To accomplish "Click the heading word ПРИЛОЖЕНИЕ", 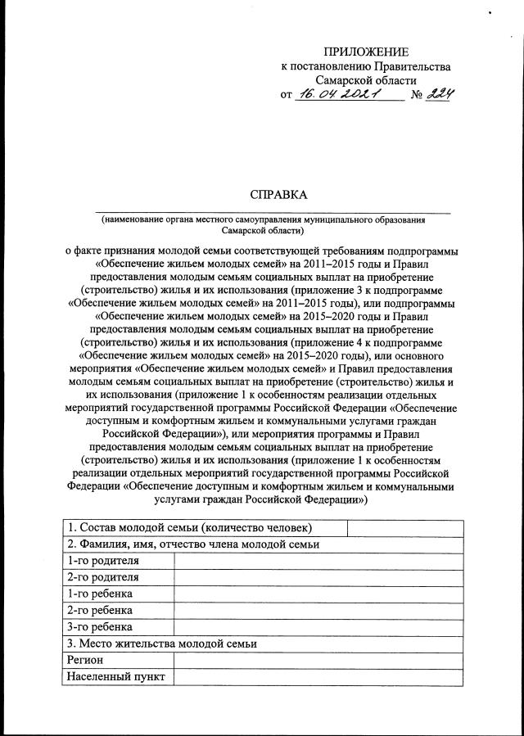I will tap(365, 52).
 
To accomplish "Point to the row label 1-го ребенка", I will tap(100, 594).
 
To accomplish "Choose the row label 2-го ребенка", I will tap(100, 610).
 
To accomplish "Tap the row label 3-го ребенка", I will tap(100, 627).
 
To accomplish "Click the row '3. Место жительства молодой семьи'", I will tap(163, 643).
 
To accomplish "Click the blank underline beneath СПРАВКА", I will tap(273, 211).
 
